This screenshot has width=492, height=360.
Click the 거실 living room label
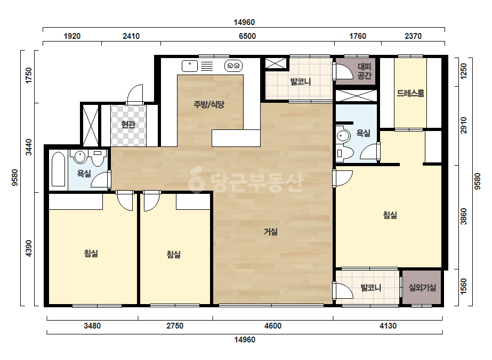[x=270, y=232]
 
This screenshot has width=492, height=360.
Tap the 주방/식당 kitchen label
[x=209, y=104]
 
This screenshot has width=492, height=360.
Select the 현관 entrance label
[x=128, y=125]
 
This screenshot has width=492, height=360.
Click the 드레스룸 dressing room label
[x=410, y=93]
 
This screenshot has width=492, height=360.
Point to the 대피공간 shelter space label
[x=364, y=71]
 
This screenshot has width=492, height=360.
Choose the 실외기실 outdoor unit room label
[x=422, y=287]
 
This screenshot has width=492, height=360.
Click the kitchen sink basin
[x=190, y=66]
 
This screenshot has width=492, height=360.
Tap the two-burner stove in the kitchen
[x=233, y=66]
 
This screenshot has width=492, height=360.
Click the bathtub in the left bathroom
[x=58, y=169]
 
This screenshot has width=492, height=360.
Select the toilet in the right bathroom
[x=345, y=153]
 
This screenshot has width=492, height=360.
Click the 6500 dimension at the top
[x=247, y=36]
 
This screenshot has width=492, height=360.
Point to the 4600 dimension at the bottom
[x=273, y=326]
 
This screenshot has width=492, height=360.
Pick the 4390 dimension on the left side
[x=29, y=248]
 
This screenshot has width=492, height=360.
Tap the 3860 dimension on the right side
[x=464, y=216]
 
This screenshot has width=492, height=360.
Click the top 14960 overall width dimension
[x=244, y=22]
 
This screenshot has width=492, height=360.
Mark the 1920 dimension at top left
[x=72, y=36]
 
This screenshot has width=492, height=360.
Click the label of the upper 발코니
[x=300, y=81]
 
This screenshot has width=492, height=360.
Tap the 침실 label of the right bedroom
[x=390, y=215]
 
